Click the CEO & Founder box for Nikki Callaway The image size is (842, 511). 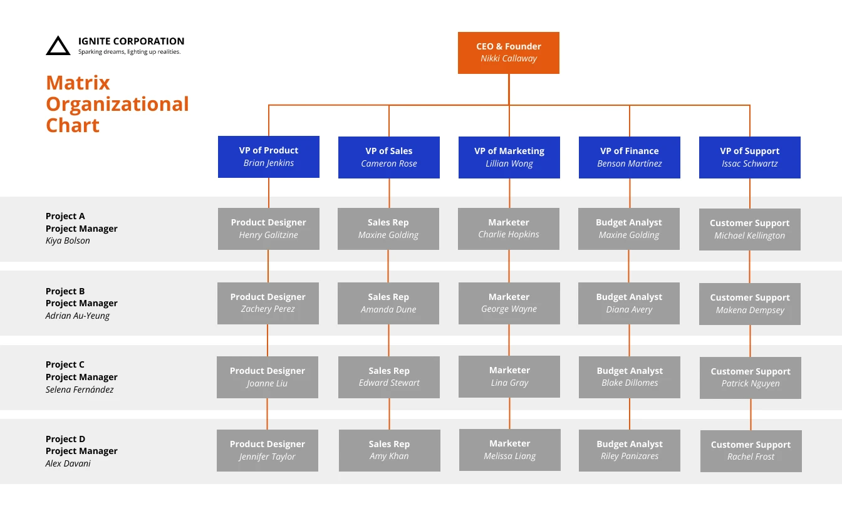pyautogui.click(x=508, y=53)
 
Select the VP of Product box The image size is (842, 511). pyautogui.click(x=268, y=157)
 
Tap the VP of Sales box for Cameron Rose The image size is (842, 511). pyautogui.click(x=388, y=157)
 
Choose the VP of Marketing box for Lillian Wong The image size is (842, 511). pyautogui.click(x=509, y=157)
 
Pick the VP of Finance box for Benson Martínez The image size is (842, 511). pyautogui.click(x=629, y=157)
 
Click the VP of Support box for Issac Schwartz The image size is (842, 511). pyautogui.click(x=749, y=157)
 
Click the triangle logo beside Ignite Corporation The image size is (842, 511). pyautogui.click(x=58, y=46)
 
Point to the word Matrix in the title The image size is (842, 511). pyautogui.click(x=78, y=83)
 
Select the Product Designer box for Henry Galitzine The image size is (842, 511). pyautogui.click(x=268, y=229)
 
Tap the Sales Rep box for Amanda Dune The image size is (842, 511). pyautogui.click(x=388, y=303)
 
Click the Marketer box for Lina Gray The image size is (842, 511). pyautogui.click(x=509, y=376)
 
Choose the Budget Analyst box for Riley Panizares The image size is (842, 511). pyautogui.click(x=629, y=450)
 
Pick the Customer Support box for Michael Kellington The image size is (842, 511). pyautogui.click(x=749, y=229)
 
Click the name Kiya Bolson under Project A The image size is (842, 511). pyautogui.click(x=68, y=241)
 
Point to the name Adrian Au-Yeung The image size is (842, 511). pyautogui.click(x=77, y=316)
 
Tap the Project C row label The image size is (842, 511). pyautogui.click(x=65, y=364)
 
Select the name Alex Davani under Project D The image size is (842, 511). pyautogui.click(x=68, y=463)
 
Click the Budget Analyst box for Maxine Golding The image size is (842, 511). pyautogui.click(x=628, y=229)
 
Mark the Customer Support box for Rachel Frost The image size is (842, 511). pyautogui.click(x=751, y=451)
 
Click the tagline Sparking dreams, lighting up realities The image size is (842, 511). pyautogui.click(x=129, y=52)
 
